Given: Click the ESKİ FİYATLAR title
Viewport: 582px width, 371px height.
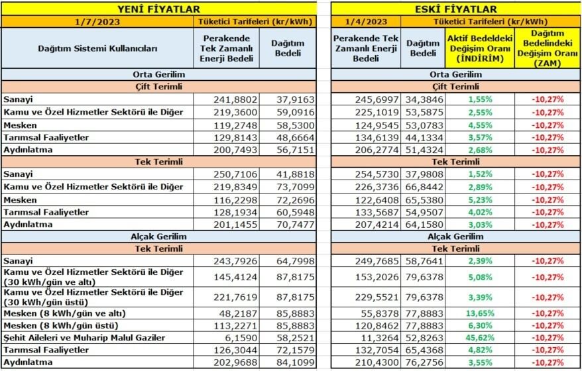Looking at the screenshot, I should (456, 9).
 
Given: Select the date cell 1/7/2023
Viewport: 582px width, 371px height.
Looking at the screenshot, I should (97, 21).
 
